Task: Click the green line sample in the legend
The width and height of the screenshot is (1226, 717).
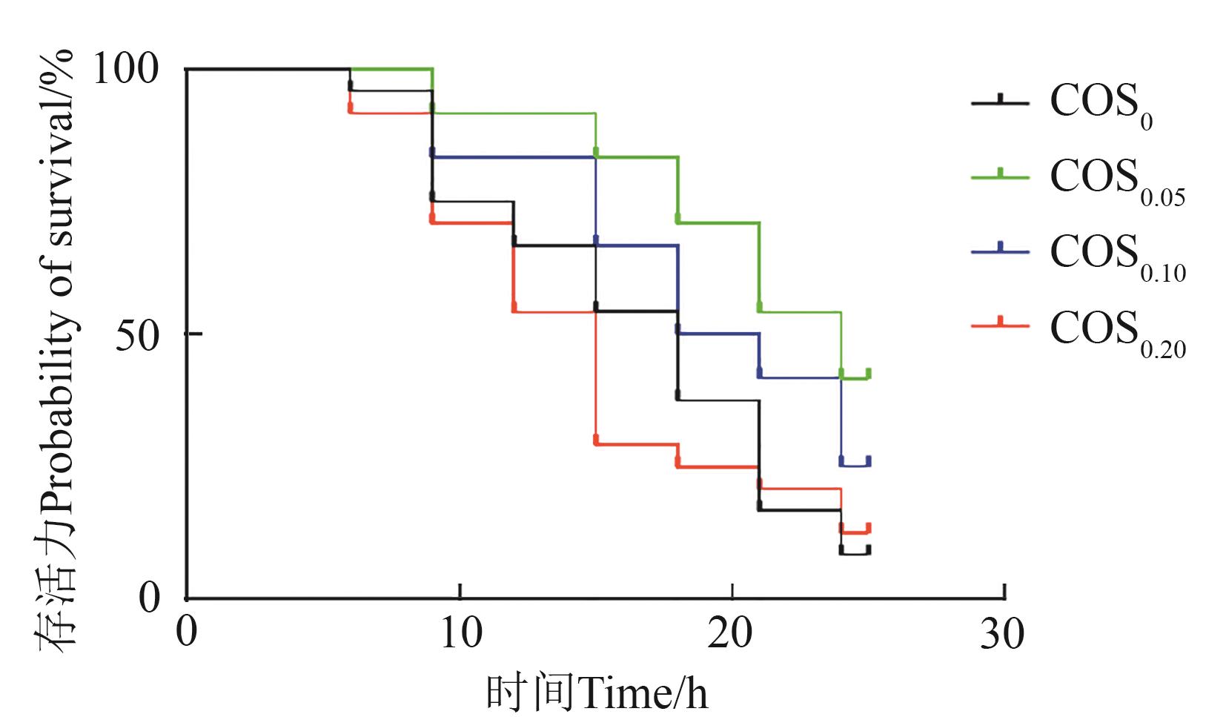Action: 1000,177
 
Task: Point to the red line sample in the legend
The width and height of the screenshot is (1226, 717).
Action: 1000,325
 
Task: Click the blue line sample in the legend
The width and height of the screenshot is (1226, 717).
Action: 1000,251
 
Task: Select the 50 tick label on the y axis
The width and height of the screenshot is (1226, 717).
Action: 138,335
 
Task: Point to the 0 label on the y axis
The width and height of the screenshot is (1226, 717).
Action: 150,598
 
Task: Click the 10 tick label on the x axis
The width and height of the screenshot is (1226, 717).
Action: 460,635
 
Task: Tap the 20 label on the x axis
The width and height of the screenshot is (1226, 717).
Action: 732,635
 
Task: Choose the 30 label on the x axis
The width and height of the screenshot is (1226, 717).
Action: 1003,635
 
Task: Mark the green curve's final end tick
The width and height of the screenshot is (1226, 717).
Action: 868,374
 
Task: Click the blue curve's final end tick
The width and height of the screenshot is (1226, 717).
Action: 868,461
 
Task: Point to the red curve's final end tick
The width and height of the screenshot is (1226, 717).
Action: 868,528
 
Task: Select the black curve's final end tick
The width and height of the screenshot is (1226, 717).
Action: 868,550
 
